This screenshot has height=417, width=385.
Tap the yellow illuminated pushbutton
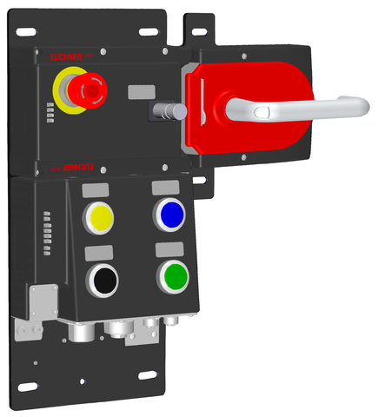pyautogui.click(x=101, y=215)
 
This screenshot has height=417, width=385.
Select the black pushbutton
pyautogui.click(x=104, y=279)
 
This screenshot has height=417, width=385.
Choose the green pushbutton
pyautogui.click(x=173, y=275)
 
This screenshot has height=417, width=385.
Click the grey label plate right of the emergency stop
pyautogui.click(x=139, y=91)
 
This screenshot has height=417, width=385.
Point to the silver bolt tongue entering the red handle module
pyautogui.click(x=169, y=112)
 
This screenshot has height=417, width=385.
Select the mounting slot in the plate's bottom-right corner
pyautogui.click(x=147, y=374)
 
